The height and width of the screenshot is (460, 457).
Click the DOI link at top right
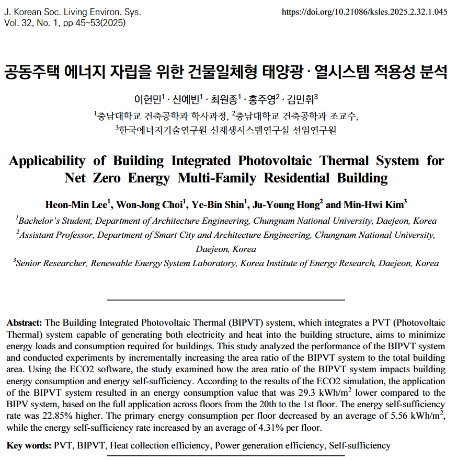coord(364,12)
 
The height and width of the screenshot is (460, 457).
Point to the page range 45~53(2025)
coord(97,23)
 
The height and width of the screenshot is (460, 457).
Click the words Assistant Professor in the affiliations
coord(57,235)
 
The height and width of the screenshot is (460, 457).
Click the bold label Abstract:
coord(26,323)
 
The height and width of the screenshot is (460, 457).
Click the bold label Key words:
coord(29,445)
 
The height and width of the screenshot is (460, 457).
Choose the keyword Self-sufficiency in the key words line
coord(359,445)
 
